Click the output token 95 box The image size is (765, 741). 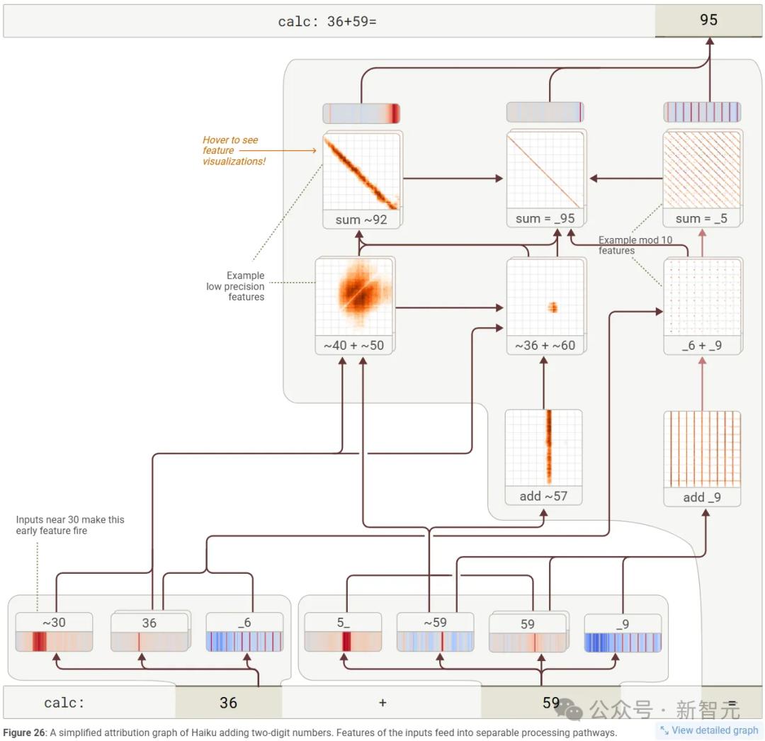coord(708,21)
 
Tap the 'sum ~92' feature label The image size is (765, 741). coord(361,220)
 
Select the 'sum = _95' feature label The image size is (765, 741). coord(545,219)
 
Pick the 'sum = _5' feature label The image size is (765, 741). coord(701,219)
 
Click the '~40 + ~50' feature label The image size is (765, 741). coord(353,345)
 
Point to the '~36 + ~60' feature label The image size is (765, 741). coord(545,345)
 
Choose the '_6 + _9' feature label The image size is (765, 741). coord(702,345)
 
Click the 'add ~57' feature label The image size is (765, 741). coord(543,496)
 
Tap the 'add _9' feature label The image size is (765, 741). coord(702,497)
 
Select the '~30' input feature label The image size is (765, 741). coord(54,622)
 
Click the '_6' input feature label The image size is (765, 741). coord(244,622)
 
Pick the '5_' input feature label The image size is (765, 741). coord(343,622)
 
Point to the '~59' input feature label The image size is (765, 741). coord(435,622)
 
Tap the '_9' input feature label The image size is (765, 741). coord(623,623)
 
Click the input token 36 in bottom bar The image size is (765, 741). coord(228,703)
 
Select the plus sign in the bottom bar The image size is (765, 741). coord(382,703)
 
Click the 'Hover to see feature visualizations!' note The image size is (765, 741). coord(230,150)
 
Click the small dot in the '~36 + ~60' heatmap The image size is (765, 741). coord(553,307)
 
